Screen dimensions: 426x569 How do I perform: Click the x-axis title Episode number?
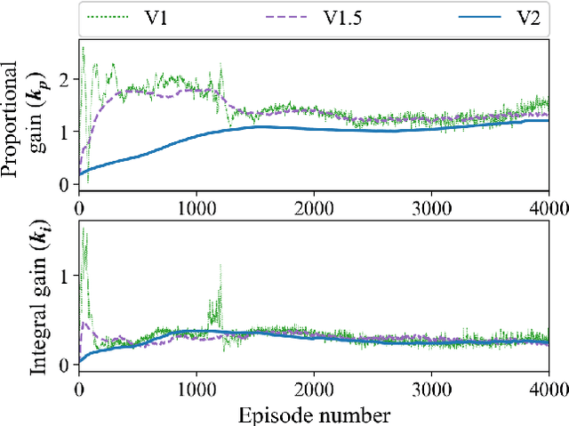(x=314, y=414)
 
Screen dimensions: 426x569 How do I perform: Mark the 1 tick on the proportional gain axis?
(x=62, y=132)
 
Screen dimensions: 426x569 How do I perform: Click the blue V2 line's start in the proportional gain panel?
(x=80, y=173)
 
